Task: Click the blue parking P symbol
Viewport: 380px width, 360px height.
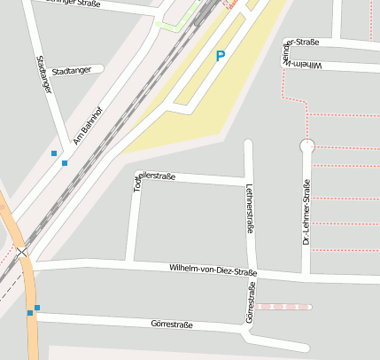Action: click(221, 56)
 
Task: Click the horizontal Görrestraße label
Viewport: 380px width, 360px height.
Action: click(172, 325)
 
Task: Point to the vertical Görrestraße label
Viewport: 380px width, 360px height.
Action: click(250, 301)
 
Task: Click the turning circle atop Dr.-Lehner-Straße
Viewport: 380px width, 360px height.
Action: click(307, 146)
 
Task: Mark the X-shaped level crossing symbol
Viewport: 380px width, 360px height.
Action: click(22, 253)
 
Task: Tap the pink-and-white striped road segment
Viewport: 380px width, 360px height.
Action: click(285, 307)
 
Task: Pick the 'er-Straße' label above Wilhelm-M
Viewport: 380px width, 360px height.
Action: click(302, 42)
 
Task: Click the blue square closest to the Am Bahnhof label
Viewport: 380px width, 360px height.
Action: click(65, 163)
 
